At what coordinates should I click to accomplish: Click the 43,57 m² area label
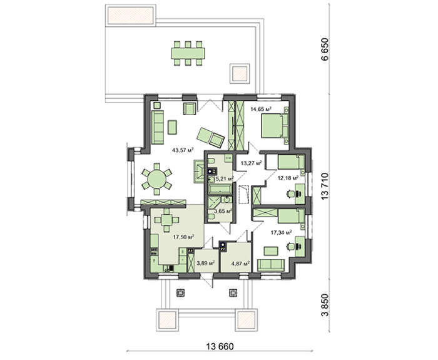click(x=183, y=150)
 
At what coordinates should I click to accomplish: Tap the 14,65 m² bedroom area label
click(x=261, y=109)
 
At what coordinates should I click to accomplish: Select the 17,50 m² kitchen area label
click(x=183, y=237)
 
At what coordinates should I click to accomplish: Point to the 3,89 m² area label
click(x=206, y=263)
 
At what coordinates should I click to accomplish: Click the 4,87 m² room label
click(x=240, y=263)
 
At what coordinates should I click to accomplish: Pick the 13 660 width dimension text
click(x=220, y=347)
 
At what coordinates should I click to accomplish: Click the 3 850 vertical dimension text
click(x=325, y=305)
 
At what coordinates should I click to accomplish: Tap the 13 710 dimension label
click(x=325, y=186)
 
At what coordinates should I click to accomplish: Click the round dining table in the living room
click(x=156, y=179)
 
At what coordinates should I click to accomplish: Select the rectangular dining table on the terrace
click(x=188, y=53)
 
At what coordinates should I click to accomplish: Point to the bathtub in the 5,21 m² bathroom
click(x=220, y=189)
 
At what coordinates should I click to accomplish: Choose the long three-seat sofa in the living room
click(x=158, y=127)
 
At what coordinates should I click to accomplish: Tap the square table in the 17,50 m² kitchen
click(x=167, y=220)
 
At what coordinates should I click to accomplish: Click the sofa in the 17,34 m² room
click(x=271, y=265)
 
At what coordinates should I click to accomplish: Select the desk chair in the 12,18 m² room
click(x=290, y=193)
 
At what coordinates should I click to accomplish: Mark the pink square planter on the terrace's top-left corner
click(x=131, y=15)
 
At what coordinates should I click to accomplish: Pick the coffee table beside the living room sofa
click(x=172, y=127)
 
